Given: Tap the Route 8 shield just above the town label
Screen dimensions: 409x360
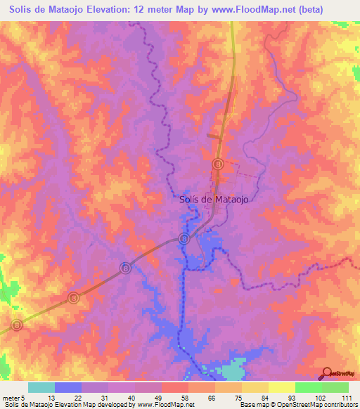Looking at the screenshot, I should tap(218, 164).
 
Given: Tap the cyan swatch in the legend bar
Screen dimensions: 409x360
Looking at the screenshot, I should tap(41, 387).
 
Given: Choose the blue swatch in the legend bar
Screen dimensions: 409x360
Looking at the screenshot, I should tap(68, 387).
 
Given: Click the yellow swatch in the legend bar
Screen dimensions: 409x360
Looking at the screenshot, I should tap(281, 387).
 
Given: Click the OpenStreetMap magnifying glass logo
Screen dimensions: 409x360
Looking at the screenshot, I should tap(327, 373).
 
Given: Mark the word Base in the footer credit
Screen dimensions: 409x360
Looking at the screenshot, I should tap(247, 405).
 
